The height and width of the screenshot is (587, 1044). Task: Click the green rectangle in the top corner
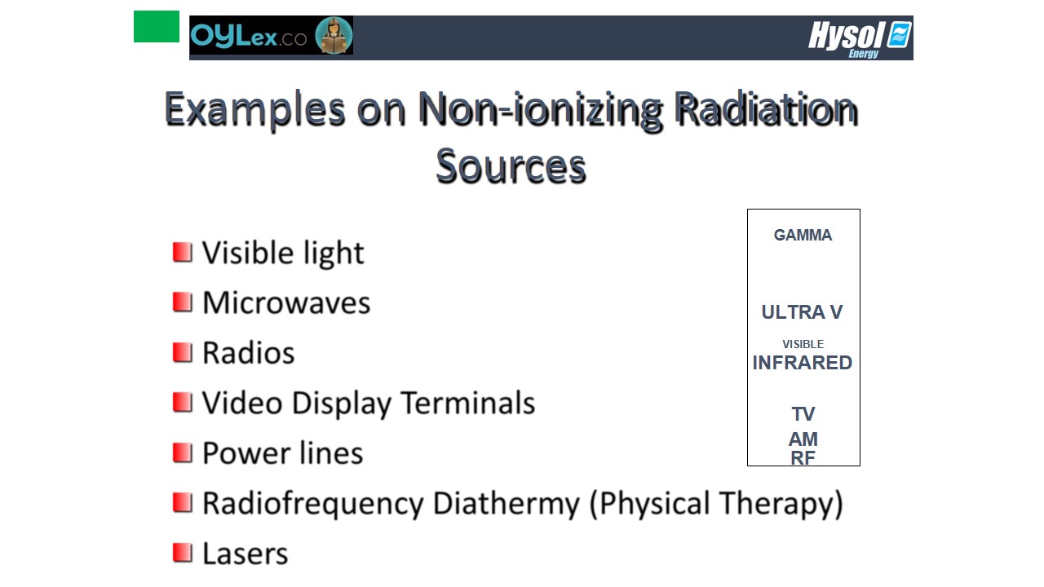(x=156, y=27)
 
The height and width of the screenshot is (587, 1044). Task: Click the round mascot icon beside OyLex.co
(x=334, y=35)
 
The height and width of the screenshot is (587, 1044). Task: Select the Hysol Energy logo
(x=860, y=39)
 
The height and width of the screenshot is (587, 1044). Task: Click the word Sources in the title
(x=511, y=166)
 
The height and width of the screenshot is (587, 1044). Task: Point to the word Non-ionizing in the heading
(x=540, y=109)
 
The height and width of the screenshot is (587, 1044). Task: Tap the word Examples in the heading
(x=255, y=109)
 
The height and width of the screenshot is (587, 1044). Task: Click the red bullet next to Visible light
(x=182, y=252)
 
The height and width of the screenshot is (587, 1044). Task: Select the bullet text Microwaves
(x=286, y=302)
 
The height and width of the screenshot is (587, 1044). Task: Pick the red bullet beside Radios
(x=182, y=352)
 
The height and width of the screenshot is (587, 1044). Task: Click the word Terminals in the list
(x=468, y=403)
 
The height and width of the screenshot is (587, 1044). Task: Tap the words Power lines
(x=282, y=452)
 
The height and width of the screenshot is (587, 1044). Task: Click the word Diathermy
(x=507, y=504)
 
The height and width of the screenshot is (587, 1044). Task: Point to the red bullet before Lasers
(x=182, y=553)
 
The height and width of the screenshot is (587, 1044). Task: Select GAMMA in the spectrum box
(x=803, y=236)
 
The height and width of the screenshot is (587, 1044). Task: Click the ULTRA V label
(x=802, y=312)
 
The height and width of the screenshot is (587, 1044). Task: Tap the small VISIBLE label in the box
(x=803, y=344)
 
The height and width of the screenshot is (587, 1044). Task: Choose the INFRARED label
(x=802, y=363)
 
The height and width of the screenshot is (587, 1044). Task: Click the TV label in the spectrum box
(x=803, y=413)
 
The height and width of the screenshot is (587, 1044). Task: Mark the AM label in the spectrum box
(x=803, y=439)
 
